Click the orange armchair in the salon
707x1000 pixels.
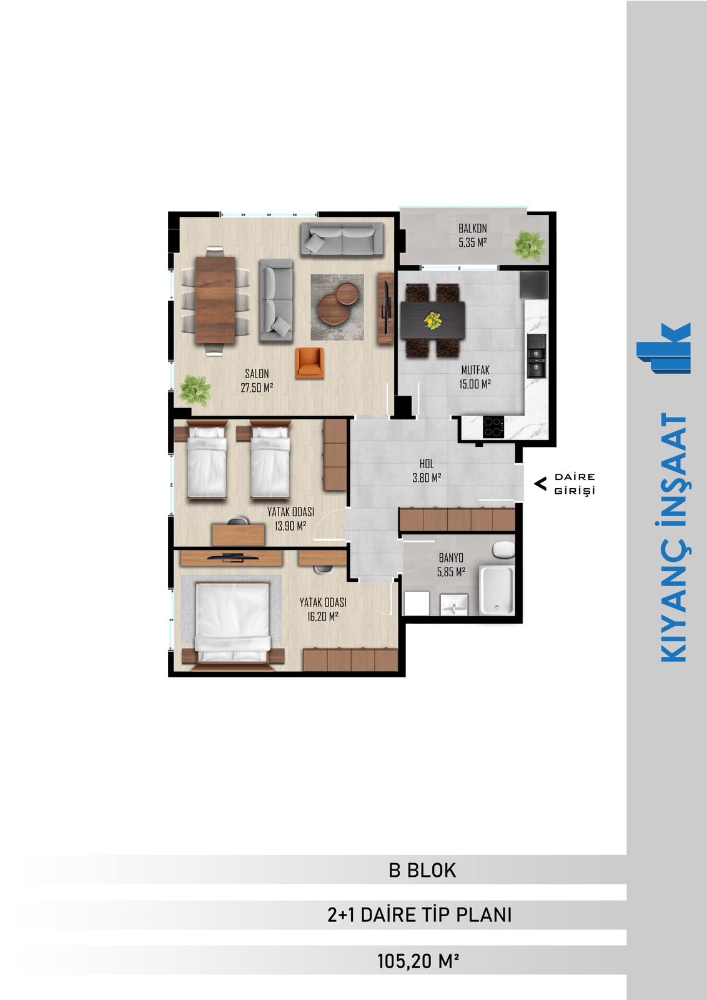(x=310, y=363)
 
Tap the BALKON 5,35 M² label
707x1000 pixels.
(x=472, y=235)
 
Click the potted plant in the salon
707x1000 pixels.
(x=195, y=390)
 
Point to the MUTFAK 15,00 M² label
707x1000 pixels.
(x=475, y=377)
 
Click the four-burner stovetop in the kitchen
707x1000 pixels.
(x=493, y=427)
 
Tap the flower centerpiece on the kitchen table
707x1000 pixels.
(x=433, y=321)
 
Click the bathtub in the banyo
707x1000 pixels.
(x=497, y=589)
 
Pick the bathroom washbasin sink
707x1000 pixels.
(x=453, y=605)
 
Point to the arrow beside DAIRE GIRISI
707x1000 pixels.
(x=540, y=484)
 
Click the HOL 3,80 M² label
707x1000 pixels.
(x=427, y=471)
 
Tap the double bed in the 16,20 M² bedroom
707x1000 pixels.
(x=233, y=623)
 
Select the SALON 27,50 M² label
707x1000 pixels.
(x=257, y=381)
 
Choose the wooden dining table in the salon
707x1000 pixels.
(x=215, y=299)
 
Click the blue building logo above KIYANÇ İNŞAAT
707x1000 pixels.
(x=664, y=347)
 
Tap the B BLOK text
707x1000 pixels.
(x=422, y=870)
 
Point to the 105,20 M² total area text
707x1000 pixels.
(x=418, y=961)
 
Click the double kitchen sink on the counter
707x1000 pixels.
(x=536, y=356)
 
